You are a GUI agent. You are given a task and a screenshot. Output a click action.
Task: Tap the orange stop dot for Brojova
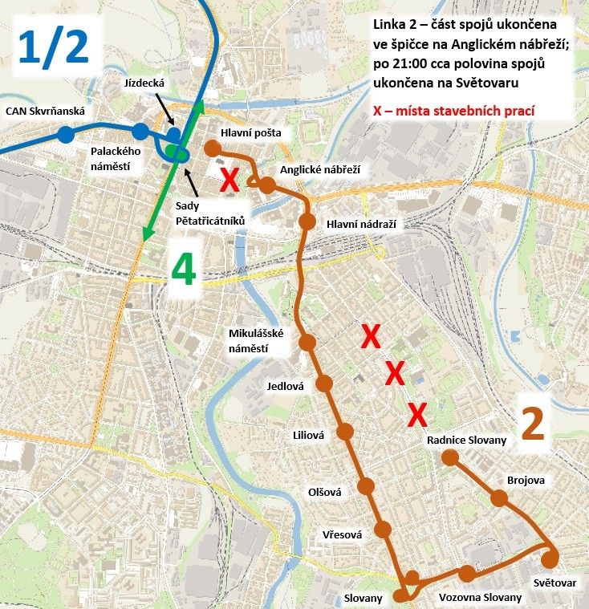[x=499, y=498]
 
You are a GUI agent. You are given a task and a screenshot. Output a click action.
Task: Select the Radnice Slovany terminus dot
[x=450, y=457]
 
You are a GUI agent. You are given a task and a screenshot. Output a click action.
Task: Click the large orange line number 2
[x=533, y=425]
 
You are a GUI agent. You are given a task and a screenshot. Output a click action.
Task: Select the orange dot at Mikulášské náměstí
[x=307, y=343]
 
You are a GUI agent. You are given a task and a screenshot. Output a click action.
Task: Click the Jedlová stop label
[x=285, y=386]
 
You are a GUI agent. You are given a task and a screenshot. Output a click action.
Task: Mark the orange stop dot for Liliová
[x=345, y=432]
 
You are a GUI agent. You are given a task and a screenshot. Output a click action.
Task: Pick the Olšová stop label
[x=325, y=492]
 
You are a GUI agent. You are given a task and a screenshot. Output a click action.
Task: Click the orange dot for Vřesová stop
[x=382, y=529]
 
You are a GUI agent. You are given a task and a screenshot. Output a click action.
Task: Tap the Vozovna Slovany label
[x=480, y=596]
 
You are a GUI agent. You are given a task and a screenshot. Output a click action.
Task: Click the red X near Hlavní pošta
[x=230, y=181]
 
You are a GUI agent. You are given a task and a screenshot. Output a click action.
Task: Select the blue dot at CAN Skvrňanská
[x=65, y=136]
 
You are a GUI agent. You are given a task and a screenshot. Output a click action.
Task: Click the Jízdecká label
[x=144, y=83]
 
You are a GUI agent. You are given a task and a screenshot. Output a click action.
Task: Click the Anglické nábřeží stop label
[x=319, y=169]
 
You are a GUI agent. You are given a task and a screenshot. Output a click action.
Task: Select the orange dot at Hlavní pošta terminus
[x=212, y=148]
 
